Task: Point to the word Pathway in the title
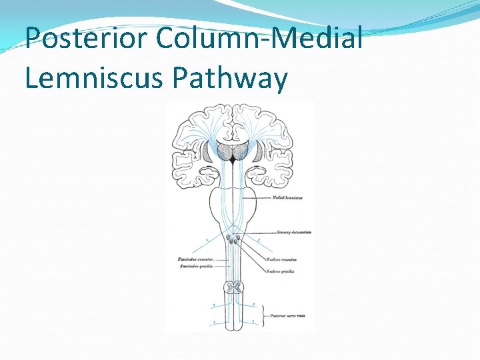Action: (x=230, y=78)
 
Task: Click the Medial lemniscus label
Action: (x=287, y=198)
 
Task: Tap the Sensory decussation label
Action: (x=294, y=233)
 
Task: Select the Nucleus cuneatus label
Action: (x=281, y=259)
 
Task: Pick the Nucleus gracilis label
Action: (x=280, y=271)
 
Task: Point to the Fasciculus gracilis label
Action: (x=195, y=266)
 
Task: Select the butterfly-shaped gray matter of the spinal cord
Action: (x=233, y=287)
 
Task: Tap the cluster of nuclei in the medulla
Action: (x=233, y=239)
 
